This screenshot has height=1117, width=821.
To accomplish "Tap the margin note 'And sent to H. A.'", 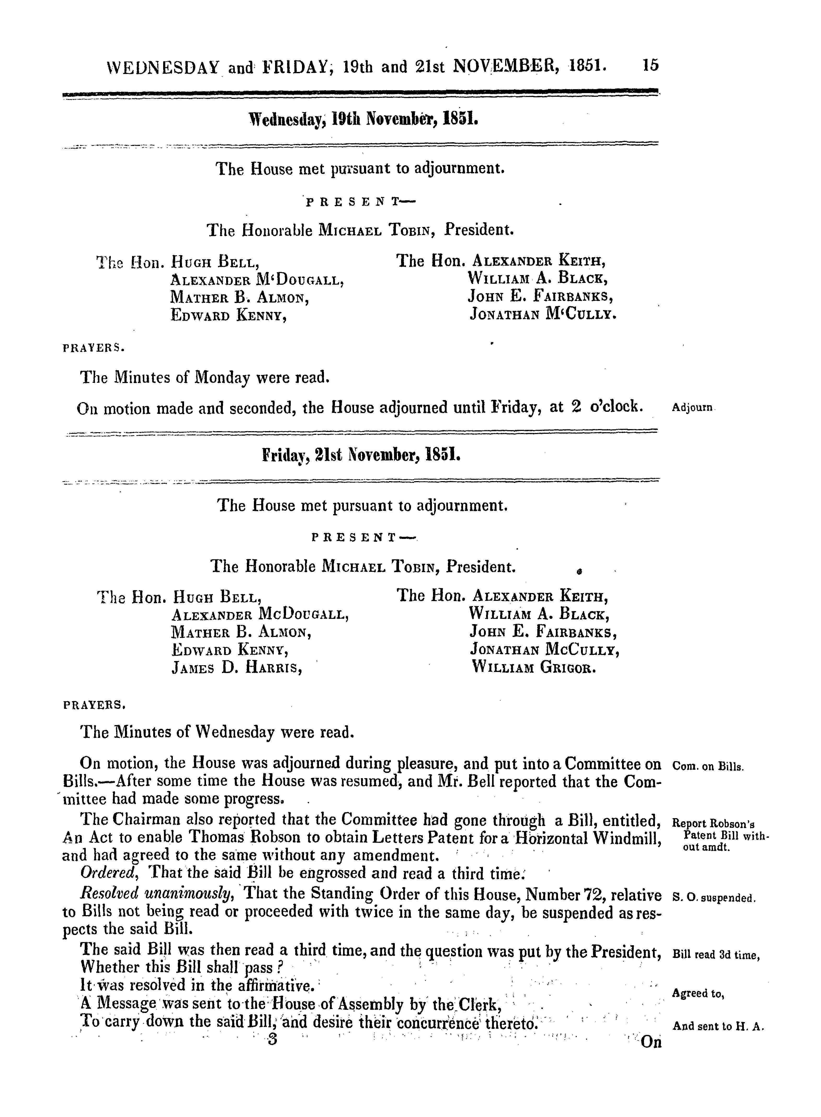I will click(x=717, y=1026).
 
